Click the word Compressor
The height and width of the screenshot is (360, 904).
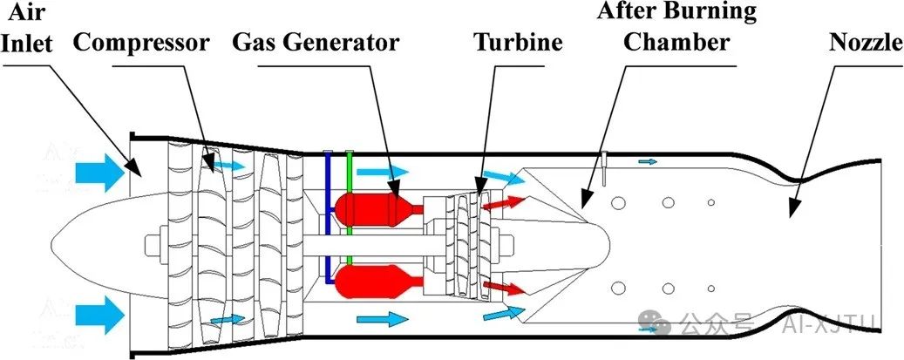click(x=142, y=42)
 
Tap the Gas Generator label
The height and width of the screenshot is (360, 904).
click(x=316, y=42)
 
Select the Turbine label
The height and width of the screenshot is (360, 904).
click(x=518, y=42)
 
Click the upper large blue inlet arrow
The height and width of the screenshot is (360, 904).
click(x=100, y=170)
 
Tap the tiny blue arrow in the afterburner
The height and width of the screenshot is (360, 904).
click(x=649, y=161)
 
